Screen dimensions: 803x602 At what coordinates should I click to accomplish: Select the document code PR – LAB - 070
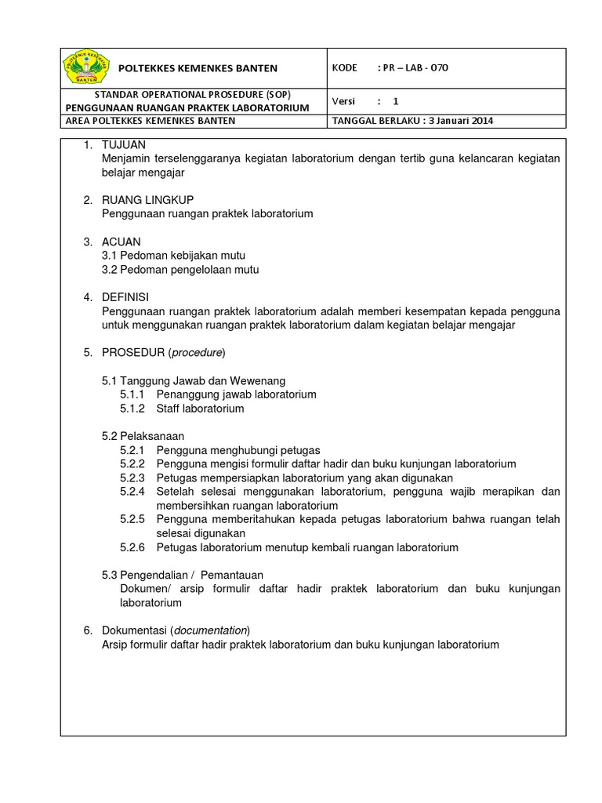[413, 67]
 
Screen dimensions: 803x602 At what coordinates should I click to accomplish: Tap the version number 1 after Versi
[396, 101]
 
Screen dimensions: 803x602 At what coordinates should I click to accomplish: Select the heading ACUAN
[121, 242]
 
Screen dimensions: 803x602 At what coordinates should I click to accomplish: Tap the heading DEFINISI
[125, 297]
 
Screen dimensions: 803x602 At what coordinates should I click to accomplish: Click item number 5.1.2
[133, 409]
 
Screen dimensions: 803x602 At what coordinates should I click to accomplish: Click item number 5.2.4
[133, 492]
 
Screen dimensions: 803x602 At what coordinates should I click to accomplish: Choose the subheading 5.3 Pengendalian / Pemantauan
[183, 575]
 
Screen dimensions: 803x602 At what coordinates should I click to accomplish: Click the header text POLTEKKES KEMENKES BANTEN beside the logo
[198, 69]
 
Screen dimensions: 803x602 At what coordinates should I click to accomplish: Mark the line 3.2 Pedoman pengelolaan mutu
[180, 270]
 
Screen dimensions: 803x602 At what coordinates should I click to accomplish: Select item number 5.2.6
[133, 547]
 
